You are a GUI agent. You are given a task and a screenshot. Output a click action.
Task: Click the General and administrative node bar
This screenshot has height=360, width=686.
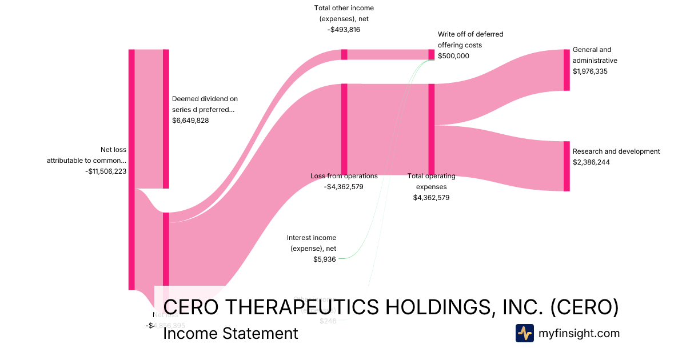pyautogui.click(x=567, y=70)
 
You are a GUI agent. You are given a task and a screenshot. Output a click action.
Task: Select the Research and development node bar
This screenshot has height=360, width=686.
pyautogui.click(x=567, y=166)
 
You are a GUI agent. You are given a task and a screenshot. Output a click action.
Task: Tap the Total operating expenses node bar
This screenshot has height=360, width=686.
pyautogui.click(x=432, y=129)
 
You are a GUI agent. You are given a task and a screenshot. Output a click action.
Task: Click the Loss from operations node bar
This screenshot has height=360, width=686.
pyautogui.click(x=344, y=129)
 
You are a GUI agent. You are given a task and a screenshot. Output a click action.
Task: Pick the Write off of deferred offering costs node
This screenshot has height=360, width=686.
pyautogui.click(x=432, y=54)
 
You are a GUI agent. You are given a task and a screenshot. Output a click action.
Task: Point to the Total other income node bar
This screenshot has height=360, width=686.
pyautogui.click(x=344, y=54)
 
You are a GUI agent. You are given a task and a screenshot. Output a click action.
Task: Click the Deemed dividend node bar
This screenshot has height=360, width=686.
pyautogui.click(x=166, y=119)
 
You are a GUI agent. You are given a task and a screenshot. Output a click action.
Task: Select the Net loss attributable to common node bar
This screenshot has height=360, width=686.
pyautogui.click(x=131, y=170)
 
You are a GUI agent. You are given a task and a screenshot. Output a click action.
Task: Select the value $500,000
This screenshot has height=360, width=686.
pyautogui.click(x=453, y=56)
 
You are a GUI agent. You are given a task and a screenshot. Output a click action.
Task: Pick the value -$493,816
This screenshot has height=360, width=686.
pyautogui.click(x=344, y=30)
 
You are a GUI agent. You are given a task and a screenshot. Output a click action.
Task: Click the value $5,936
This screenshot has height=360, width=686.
pyautogui.click(x=325, y=259)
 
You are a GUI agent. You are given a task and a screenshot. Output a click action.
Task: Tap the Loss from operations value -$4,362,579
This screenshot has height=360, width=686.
pyautogui.click(x=344, y=186)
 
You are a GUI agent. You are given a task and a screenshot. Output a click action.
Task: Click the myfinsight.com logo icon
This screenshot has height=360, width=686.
pyautogui.click(x=524, y=333)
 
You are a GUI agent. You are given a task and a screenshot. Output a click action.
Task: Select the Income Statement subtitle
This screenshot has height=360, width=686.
pyautogui.click(x=230, y=333)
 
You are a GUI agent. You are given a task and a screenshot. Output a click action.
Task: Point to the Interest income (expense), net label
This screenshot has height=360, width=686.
pyautogui.click(x=312, y=243)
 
